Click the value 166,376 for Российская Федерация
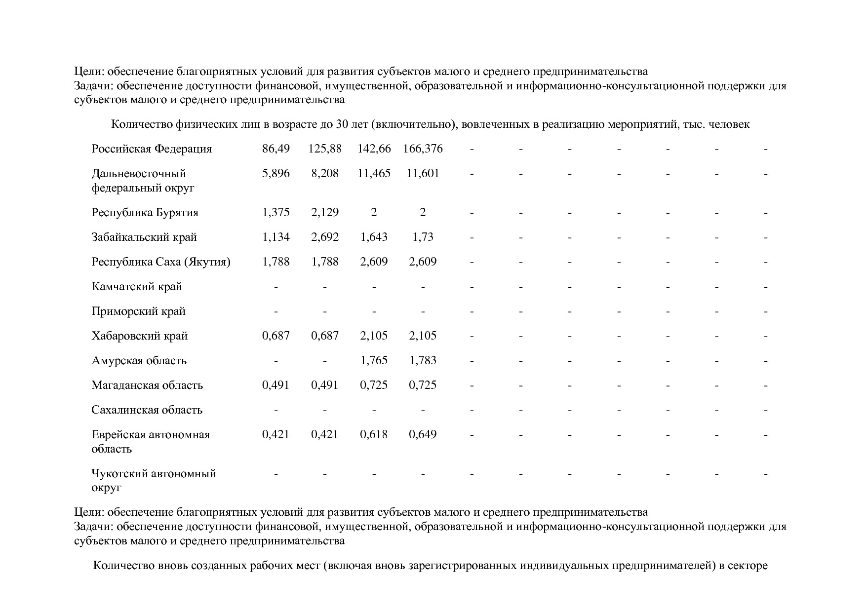click(x=423, y=149)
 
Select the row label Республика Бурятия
click(x=145, y=213)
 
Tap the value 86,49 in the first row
click(x=276, y=149)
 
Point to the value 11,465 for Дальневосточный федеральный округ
click(x=374, y=173)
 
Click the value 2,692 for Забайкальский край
click(x=324, y=237)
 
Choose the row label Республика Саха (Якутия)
click(x=161, y=262)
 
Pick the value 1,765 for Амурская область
click(x=374, y=361)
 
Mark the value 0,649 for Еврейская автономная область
click(x=423, y=435)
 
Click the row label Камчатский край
click(x=137, y=287)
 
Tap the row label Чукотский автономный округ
click(x=154, y=480)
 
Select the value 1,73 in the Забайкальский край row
click(x=423, y=237)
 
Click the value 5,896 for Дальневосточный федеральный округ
click(x=276, y=173)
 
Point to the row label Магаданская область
click(x=147, y=385)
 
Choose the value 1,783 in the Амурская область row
click(x=423, y=361)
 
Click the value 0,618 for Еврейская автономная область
click(x=374, y=435)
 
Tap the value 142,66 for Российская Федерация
click(x=374, y=149)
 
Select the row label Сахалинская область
click(x=147, y=410)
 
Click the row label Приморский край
click(x=138, y=311)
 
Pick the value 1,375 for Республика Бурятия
click(x=276, y=213)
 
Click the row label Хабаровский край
click(x=139, y=336)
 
